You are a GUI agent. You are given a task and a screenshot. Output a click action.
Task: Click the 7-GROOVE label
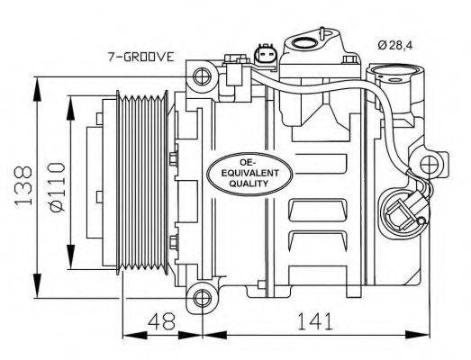click(x=141, y=57)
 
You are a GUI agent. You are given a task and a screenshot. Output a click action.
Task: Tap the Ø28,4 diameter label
click(x=395, y=45)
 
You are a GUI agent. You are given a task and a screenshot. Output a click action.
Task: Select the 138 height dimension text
click(x=23, y=185)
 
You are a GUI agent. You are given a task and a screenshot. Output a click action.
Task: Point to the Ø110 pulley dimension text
click(x=57, y=186)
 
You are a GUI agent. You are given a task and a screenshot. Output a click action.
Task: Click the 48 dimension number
click(x=161, y=321)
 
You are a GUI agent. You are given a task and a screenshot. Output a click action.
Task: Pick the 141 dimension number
click(x=315, y=321)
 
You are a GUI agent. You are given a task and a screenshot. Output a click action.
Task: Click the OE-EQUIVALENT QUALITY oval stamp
click(x=249, y=174)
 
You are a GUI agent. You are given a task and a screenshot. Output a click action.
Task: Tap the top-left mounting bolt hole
click(x=201, y=76)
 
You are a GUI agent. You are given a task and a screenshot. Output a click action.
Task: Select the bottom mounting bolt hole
click(x=202, y=298)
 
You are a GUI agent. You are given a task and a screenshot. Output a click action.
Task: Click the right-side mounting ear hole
click(x=428, y=165)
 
